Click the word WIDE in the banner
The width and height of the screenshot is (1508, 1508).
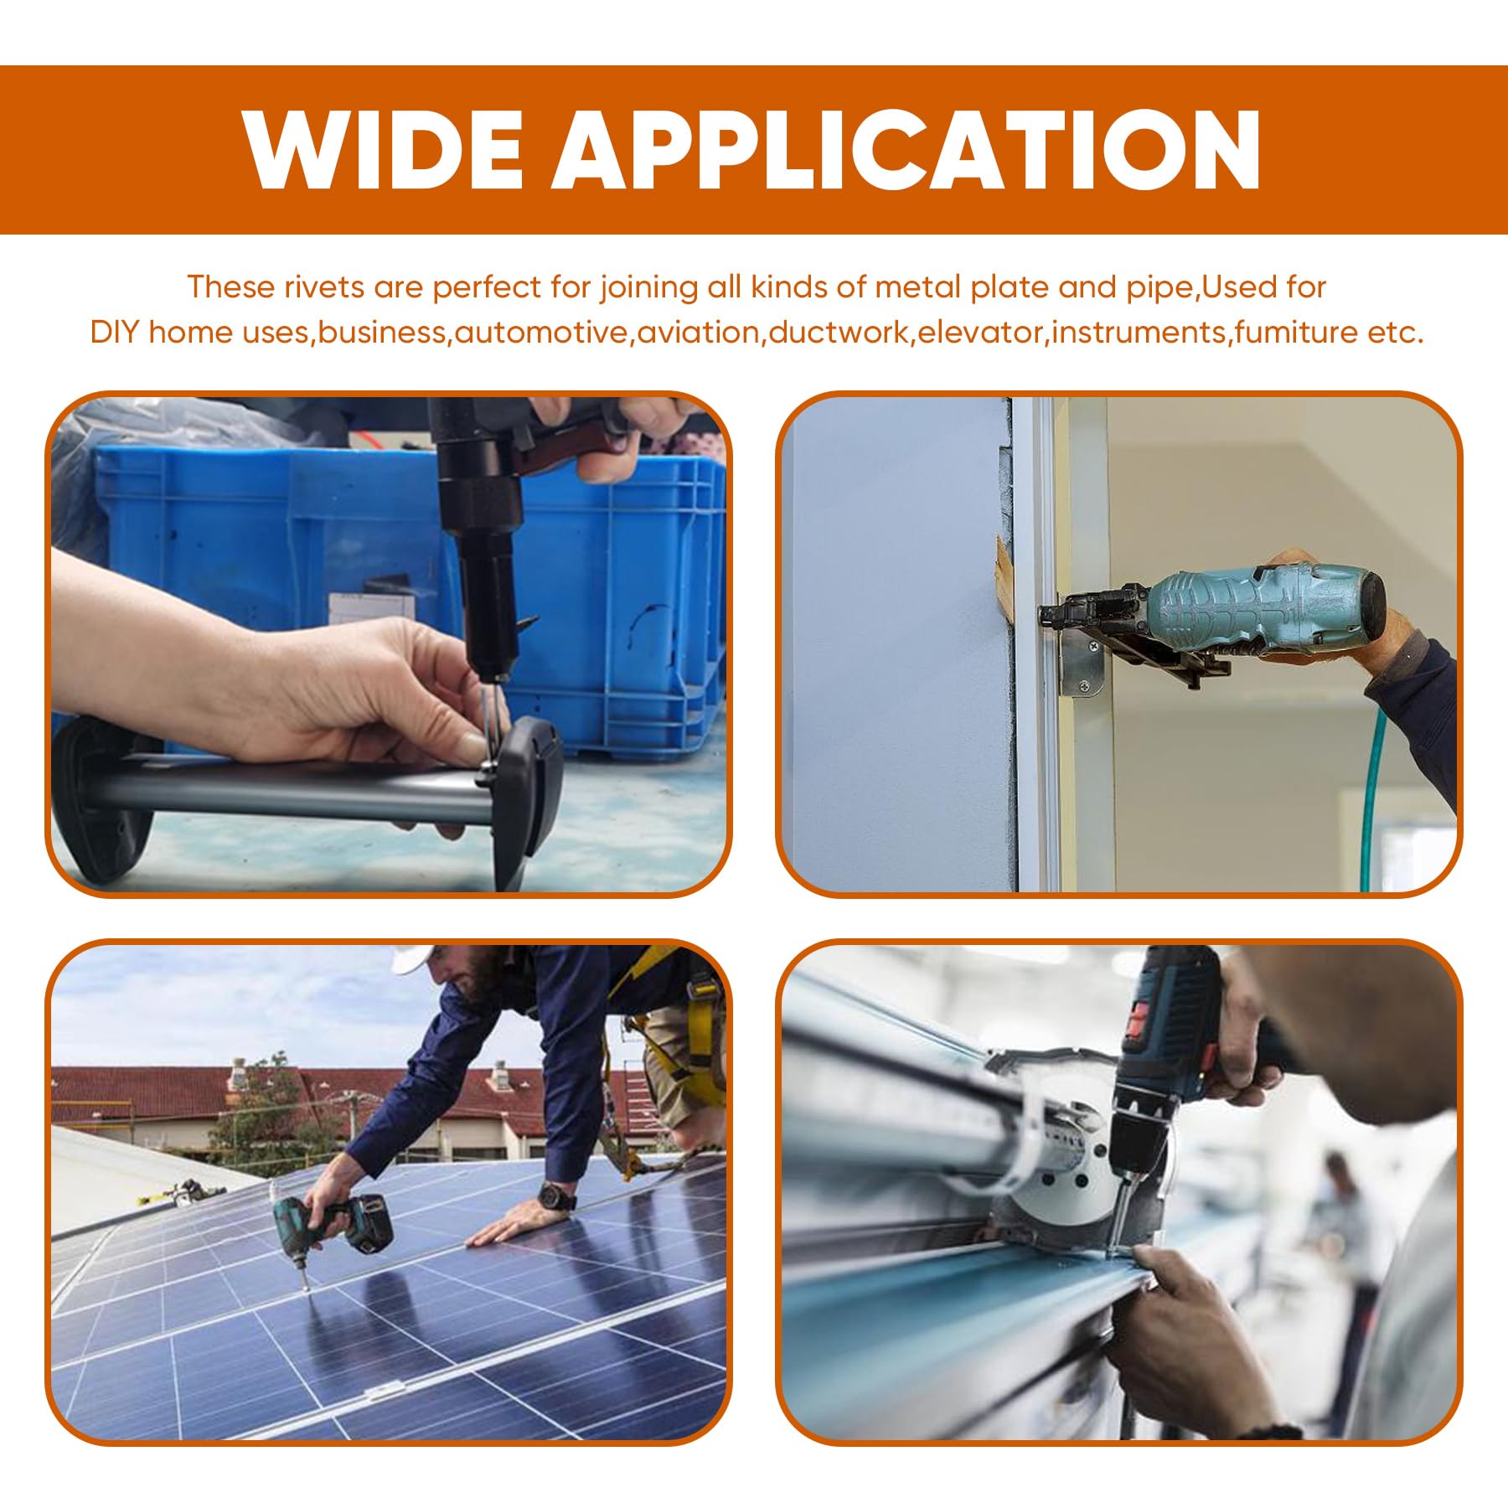point(384,150)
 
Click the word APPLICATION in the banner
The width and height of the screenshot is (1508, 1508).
point(906,150)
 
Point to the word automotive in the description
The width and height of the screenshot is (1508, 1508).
point(541,333)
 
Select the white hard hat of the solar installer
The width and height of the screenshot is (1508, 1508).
point(412,958)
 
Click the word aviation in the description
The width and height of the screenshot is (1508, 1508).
point(698,333)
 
